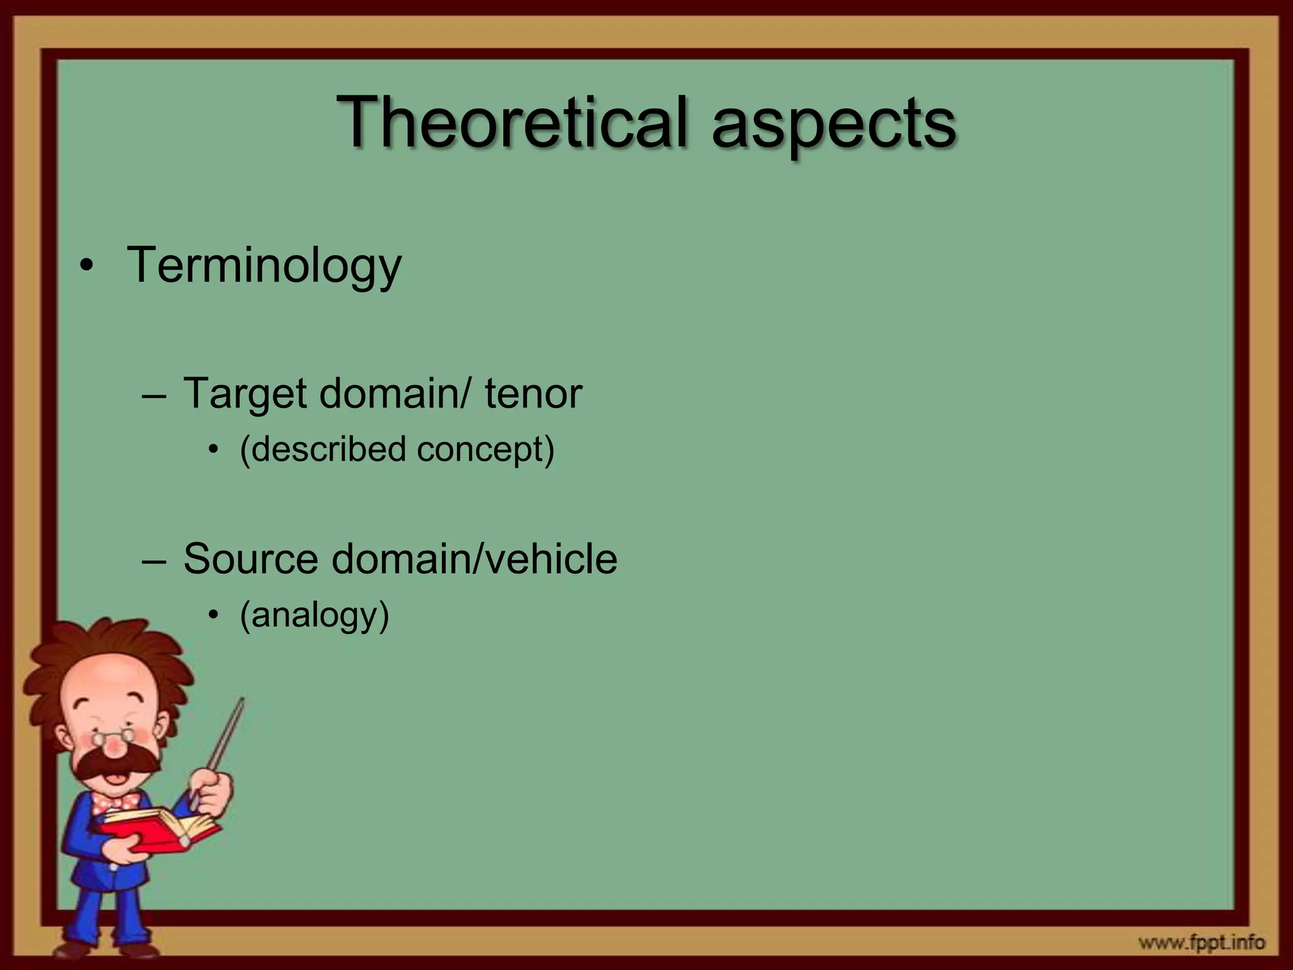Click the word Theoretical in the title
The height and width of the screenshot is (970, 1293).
(x=511, y=121)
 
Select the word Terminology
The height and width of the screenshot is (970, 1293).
(x=264, y=265)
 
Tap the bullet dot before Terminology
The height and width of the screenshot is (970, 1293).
(x=86, y=266)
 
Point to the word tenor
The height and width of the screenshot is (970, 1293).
(x=533, y=394)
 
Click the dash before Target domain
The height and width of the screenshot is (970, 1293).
(x=154, y=395)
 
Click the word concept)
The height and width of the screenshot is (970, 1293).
(x=485, y=450)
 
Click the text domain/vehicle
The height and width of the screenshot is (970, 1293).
(x=474, y=559)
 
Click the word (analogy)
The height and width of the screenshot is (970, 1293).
(x=314, y=615)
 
